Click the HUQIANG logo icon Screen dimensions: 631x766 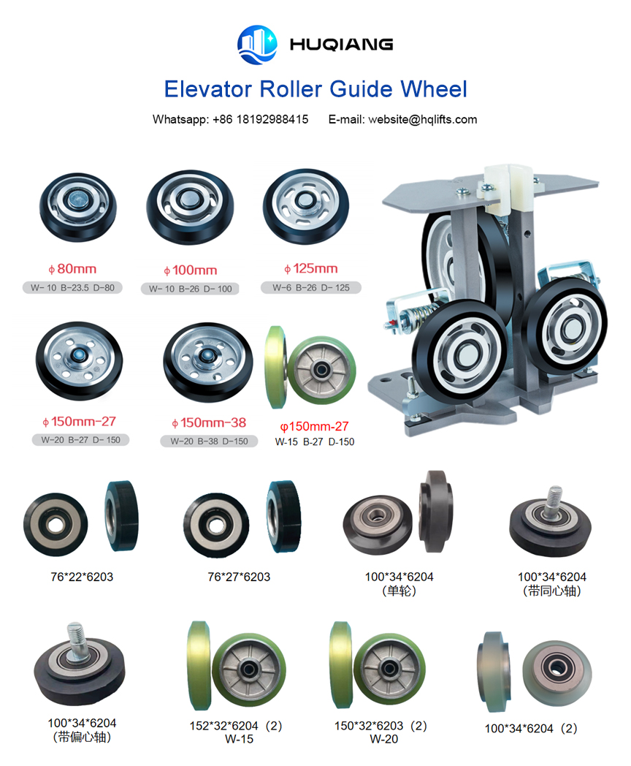pyautogui.click(x=257, y=45)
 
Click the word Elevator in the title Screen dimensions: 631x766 pyautogui.click(x=208, y=89)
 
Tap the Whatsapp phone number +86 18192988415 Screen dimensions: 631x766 pyautogui.click(x=261, y=119)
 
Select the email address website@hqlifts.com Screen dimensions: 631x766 pyautogui.click(x=423, y=120)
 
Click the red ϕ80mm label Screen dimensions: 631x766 pyautogui.click(x=72, y=269)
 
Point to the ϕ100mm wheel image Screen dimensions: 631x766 pyautogui.click(x=190, y=207)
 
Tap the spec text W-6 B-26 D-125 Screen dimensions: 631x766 pyautogui.click(x=311, y=288)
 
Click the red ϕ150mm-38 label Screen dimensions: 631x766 pyautogui.click(x=209, y=422)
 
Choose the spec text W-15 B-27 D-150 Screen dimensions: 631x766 pyautogui.click(x=315, y=441)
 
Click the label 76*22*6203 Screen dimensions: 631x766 pyautogui.click(x=82, y=577)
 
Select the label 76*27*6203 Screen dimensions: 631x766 pyautogui.click(x=239, y=577)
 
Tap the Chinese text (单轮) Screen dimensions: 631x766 pyautogui.click(x=399, y=591)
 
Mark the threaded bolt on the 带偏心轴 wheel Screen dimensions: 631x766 pyautogui.click(x=77, y=639)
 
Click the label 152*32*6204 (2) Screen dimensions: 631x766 pyautogui.click(x=236, y=726)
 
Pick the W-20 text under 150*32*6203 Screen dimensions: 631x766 pyautogui.click(x=383, y=739)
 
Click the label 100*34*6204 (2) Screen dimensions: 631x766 pyautogui.click(x=531, y=729)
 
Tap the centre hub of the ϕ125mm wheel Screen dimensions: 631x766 pyautogui.click(x=305, y=200)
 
